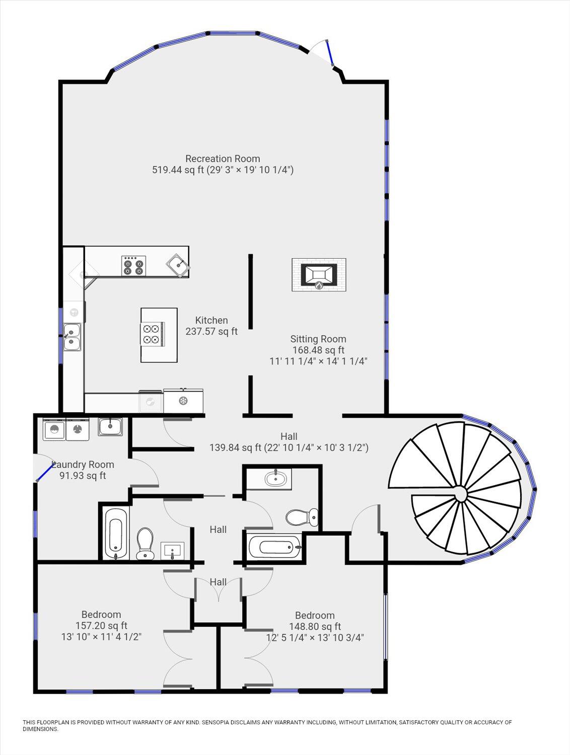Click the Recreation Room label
pyautogui.click(x=223, y=159)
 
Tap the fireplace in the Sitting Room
pyautogui.click(x=319, y=275)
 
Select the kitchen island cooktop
pyautogui.click(x=152, y=333)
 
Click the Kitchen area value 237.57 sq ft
pyautogui.click(x=211, y=332)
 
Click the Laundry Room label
pyautogui.click(x=83, y=465)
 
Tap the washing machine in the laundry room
pyautogui.click(x=54, y=429)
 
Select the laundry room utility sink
pyautogui.click(x=110, y=427)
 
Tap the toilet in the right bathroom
pyautogui.click(x=302, y=517)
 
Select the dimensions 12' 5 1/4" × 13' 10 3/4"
pyautogui.click(x=315, y=637)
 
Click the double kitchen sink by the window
pyautogui.click(x=72, y=337)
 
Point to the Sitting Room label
pyautogui.click(x=318, y=339)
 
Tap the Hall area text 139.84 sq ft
pyautogui.click(x=236, y=447)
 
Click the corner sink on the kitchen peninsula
pyautogui.click(x=178, y=265)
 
